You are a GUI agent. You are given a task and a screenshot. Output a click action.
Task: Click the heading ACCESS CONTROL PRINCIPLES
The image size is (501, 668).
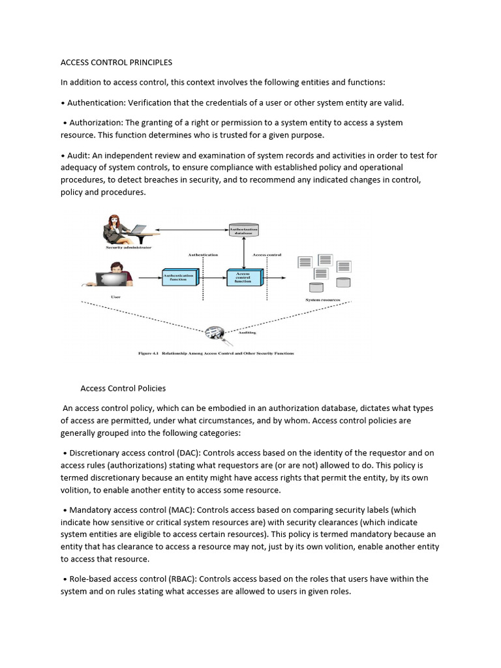click(116, 63)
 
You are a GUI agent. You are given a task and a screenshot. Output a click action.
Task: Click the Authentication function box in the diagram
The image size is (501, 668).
click(179, 277)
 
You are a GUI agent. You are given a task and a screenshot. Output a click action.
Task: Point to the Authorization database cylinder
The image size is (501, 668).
click(243, 230)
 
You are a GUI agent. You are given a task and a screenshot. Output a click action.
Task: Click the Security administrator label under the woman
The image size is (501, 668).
click(129, 248)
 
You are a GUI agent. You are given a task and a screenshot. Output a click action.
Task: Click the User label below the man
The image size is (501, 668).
click(115, 297)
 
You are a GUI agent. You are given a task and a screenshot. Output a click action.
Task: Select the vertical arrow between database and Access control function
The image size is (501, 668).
click(243, 252)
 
